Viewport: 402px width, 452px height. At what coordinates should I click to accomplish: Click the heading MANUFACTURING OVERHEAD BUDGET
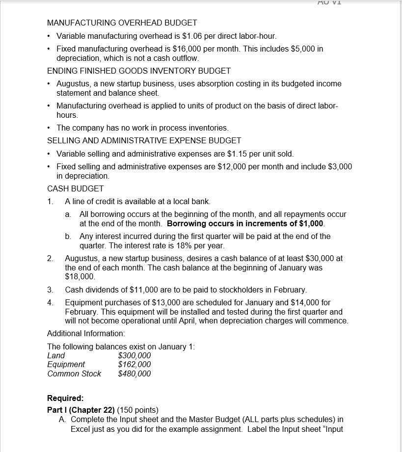[122, 23]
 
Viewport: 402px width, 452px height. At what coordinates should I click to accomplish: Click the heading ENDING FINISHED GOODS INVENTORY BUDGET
[138, 71]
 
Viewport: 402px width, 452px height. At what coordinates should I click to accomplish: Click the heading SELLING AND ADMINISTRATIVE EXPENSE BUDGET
[144, 140]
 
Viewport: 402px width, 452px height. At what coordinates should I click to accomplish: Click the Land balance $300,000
[134, 355]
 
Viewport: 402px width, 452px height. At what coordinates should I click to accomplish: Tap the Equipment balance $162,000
[134, 364]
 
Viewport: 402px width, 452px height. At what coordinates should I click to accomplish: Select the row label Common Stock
[74, 373]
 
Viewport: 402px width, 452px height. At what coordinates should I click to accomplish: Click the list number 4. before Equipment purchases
[50, 303]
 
